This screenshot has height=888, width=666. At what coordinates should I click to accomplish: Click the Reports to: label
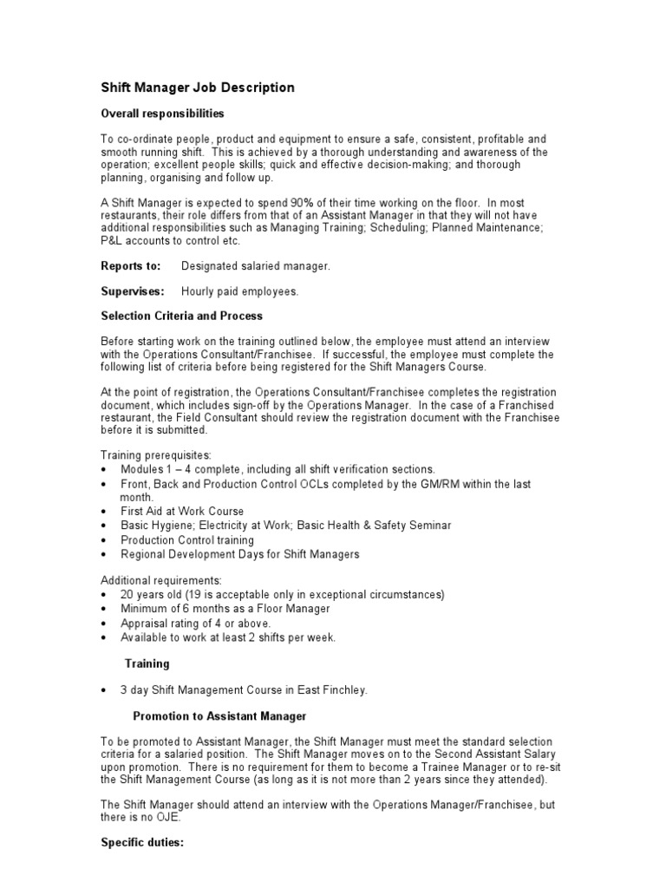pos(130,266)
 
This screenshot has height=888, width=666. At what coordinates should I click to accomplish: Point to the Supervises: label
pos(132,291)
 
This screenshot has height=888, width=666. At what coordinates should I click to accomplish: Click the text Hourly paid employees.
pos(239,291)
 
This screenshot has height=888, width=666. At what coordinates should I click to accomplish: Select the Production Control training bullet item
pos(188,539)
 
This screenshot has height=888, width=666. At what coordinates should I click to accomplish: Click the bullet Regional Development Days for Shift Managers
pos(240,553)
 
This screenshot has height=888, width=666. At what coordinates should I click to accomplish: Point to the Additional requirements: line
pos(161,579)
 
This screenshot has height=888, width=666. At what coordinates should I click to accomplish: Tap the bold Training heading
pos(147,663)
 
